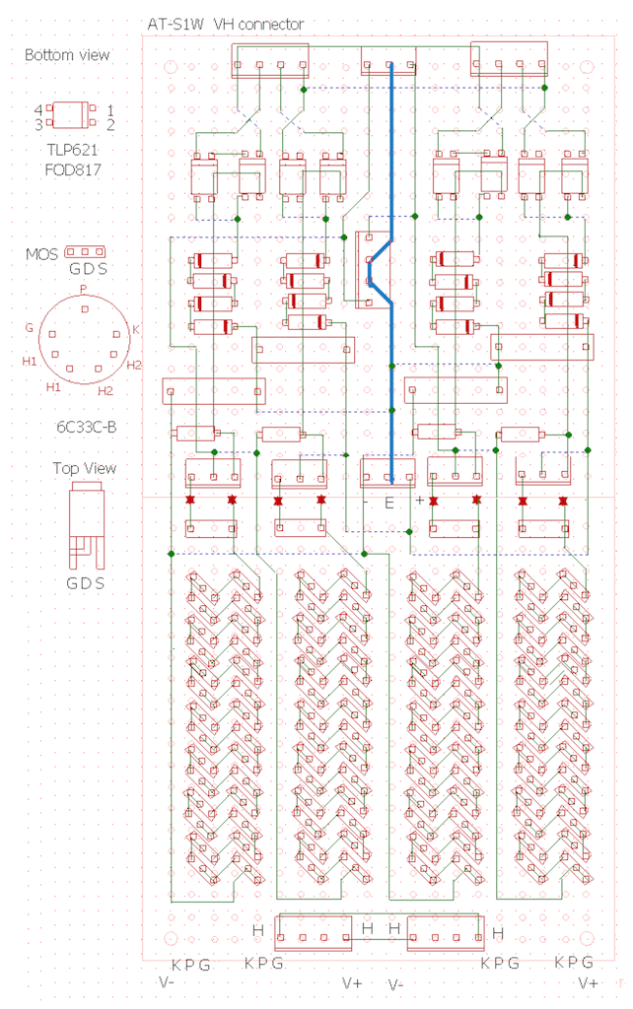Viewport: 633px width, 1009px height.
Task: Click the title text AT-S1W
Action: click(176, 25)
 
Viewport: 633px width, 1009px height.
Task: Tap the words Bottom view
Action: click(67, 55)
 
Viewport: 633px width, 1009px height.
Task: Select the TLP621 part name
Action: click(72, 150)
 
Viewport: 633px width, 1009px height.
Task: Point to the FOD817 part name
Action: click(73, 169)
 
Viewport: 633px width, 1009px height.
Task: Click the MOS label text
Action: click(41, 254)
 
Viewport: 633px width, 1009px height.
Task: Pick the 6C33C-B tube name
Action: click(87, 427)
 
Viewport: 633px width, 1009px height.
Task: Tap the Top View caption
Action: click(85, 468)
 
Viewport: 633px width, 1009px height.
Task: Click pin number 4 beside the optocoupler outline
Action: click(38, 110)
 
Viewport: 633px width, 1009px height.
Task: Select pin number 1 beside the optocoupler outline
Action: click(110, 110)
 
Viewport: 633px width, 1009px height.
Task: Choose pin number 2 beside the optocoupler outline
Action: click(110, 124)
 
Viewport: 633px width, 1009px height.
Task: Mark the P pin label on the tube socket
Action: click(83, 289)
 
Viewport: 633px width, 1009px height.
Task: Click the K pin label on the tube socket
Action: click(136, 330)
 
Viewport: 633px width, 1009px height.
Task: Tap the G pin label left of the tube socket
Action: click(29, 328)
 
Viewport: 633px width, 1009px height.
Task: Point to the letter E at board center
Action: click(388, 504)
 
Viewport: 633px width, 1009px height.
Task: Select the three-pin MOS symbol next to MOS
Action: click(86, 251)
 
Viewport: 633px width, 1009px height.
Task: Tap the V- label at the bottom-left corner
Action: click(167, 982)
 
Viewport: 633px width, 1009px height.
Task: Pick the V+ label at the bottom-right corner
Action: click(589, 982)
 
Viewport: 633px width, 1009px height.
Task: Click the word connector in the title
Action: click(270, 25)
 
